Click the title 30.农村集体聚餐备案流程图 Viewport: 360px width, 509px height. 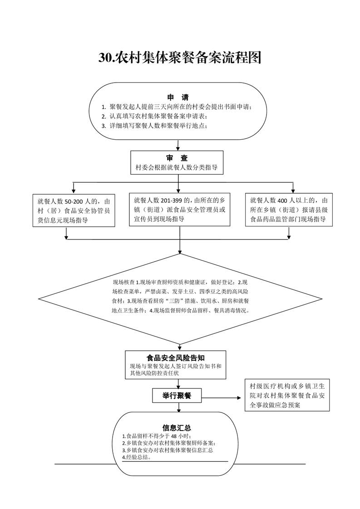click(x=180, y=58)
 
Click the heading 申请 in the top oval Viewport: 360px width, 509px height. click(x=178, y=98)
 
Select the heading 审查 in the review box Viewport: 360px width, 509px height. click(x=177, y=158)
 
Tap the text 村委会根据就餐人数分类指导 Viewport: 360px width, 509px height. click(x=177, y=168)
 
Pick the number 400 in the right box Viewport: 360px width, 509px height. click(x=283, y=201)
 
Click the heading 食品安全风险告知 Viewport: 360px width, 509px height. click(x=175, y=358)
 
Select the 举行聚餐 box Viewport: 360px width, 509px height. click(x=177, y=396)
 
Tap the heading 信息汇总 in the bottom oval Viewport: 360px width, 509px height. click(x=177, y=427)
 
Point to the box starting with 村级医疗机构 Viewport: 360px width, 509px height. click(x=287, y=395)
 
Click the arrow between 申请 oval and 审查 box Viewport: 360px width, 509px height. click(x=178, y=145)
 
